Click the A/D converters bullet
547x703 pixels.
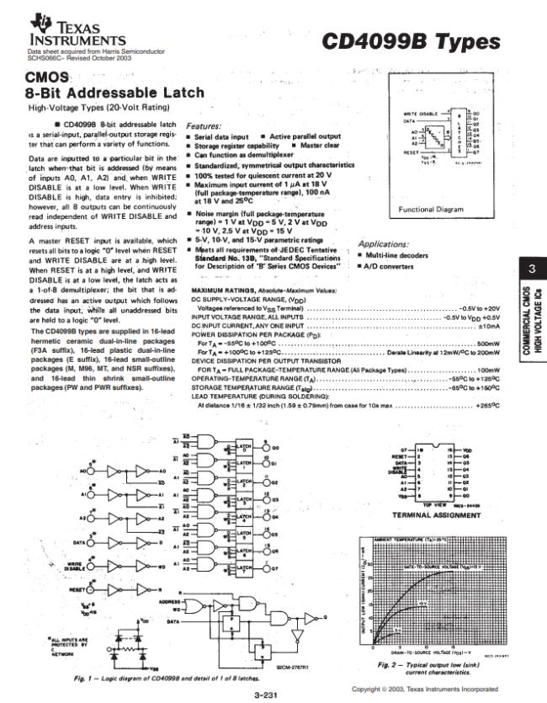[388, 266]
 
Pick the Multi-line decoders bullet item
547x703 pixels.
[395, 254]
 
